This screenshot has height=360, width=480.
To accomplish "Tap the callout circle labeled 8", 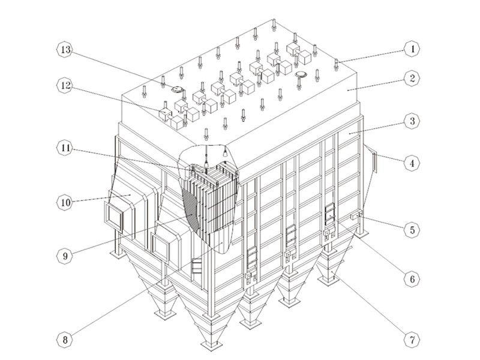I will coord(65,341).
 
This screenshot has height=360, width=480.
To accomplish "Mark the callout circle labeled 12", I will coord(65,86).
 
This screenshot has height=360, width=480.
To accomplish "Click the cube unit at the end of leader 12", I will coord(164,112).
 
